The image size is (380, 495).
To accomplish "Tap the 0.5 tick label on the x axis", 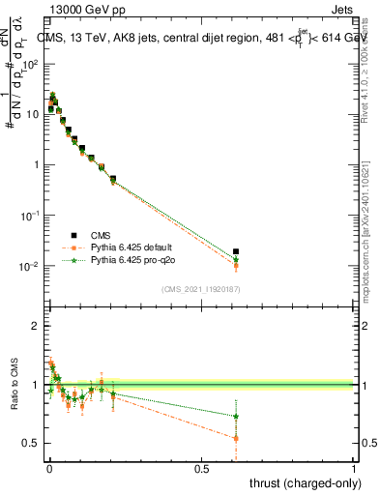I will pos(201,469).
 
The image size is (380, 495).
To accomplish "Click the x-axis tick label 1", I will pos(353,469).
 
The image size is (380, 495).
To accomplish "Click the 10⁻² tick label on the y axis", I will pos(29,267).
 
